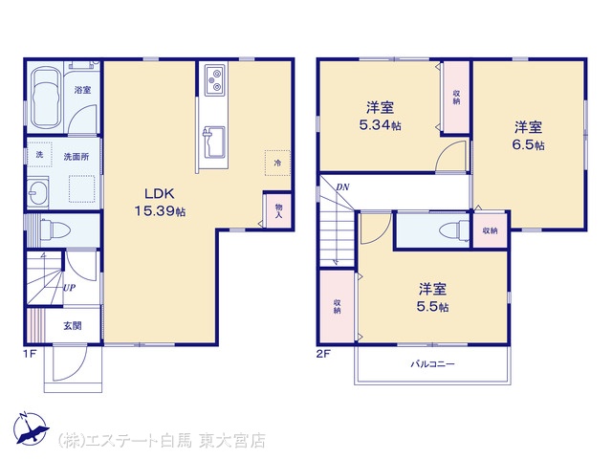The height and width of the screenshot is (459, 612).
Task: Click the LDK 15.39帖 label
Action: [x=160, y=202]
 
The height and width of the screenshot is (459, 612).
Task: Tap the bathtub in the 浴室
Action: [x=46, y=98]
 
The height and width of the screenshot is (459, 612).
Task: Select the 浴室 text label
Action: [x=83, y=90]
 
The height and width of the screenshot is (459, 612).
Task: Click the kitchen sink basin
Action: [x=213, y=142]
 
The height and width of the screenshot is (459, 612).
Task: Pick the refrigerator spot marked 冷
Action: [x=277, y=163]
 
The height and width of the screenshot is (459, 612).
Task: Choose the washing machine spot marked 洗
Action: [x=39, y=155]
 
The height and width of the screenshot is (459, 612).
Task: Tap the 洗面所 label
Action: [x=76, y=157]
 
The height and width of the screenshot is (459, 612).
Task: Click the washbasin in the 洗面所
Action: [x=38, y=193]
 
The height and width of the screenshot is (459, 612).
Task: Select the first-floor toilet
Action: [x=55, y=229]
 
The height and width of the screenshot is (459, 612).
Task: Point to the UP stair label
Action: [x=69, y=288]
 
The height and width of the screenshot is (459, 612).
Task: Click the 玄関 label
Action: [x=73, y=325]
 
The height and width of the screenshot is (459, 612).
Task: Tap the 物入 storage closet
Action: [x=278, y=210]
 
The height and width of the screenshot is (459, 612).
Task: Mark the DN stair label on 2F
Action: [x=342, y=187]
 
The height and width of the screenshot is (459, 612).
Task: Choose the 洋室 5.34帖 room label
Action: [x=380, y=116]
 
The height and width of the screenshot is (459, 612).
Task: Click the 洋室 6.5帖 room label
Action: [x=528, y=136]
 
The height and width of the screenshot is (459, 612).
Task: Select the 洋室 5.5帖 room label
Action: [x=432, y=297]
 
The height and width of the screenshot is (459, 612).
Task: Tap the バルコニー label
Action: [x=432, y=364]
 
